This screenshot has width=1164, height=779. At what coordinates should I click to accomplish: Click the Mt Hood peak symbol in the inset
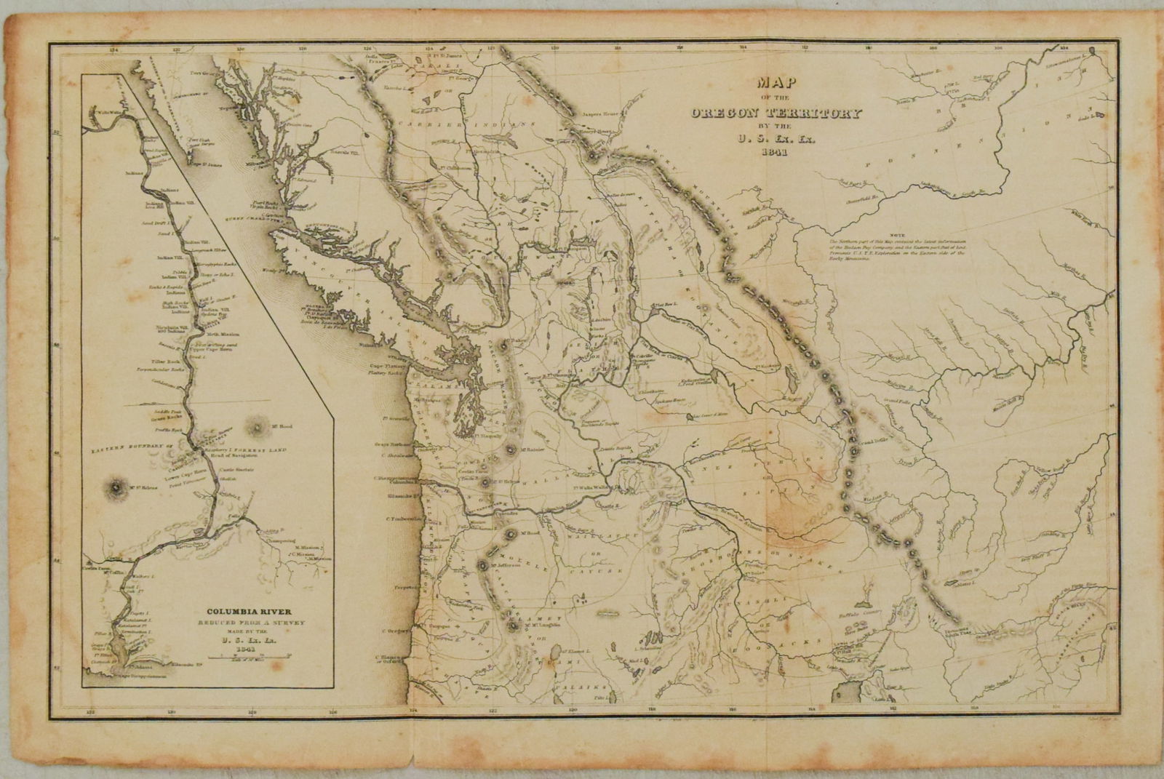258,425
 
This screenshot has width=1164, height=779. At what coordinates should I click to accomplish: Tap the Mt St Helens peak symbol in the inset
116,486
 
